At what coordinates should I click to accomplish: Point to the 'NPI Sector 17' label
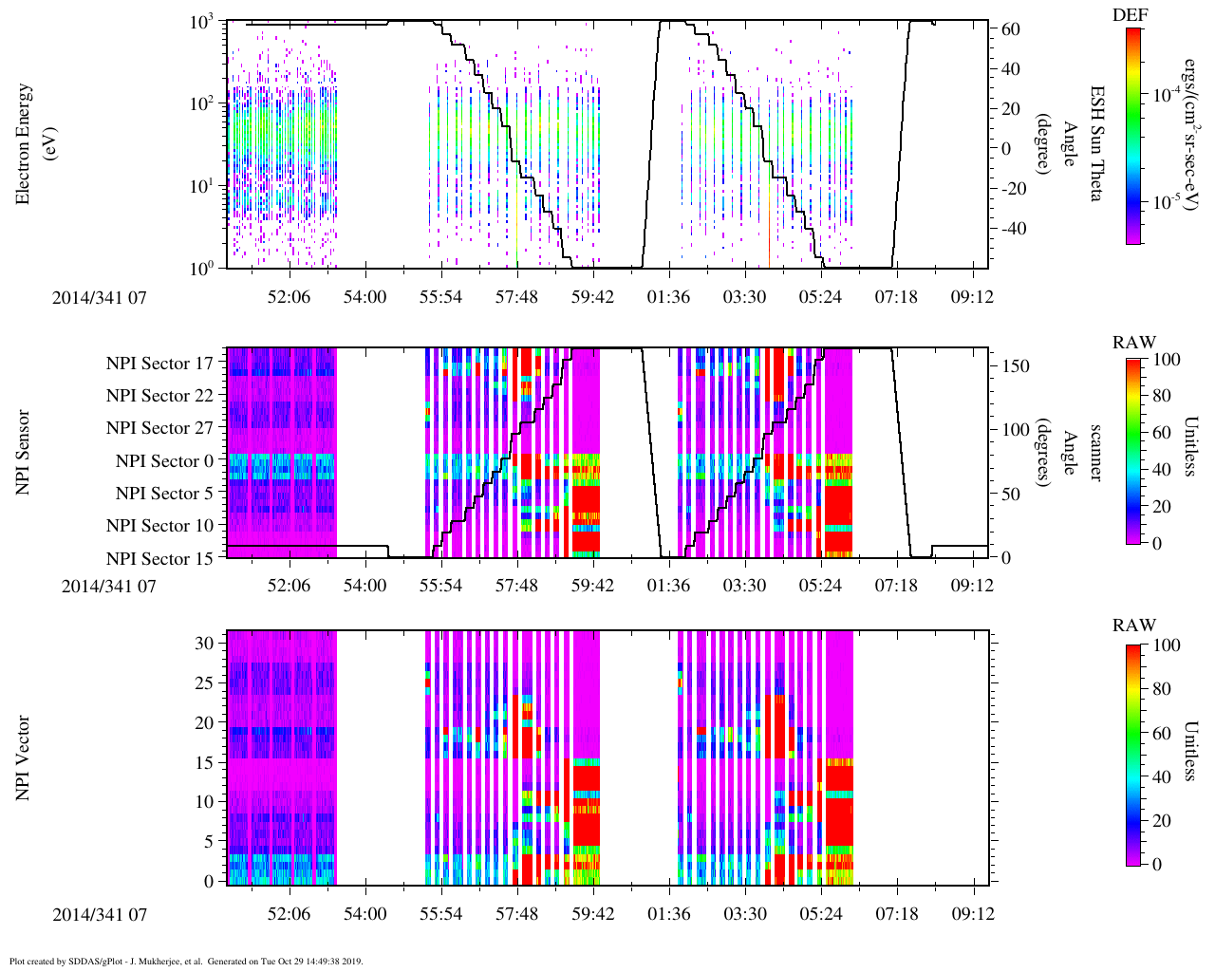point(159,364)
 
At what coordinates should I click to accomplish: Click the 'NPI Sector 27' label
point(159,428)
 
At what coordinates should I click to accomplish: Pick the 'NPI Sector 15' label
point(159,558)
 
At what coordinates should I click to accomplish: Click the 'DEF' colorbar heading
point(1130,15)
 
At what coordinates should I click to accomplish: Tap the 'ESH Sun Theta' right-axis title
point(1095,143)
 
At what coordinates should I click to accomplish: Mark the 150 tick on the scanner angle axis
point(1017,365)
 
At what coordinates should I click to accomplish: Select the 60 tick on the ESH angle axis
point(1011,29)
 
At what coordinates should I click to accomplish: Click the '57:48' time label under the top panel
point(516,297)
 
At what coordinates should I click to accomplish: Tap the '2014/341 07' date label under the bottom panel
point(100,915)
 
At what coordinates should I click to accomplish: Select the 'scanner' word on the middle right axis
point(1095,453)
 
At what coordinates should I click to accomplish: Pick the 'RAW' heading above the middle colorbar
point(1134,343)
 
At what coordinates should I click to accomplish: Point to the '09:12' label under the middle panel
point(972,586)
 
